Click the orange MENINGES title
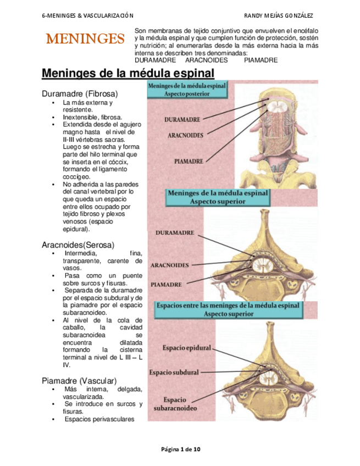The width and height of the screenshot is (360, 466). [x=85, y=39]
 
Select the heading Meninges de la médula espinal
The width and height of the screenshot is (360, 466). [x=128, y=73]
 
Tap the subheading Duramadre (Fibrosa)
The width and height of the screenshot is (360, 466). [x=80, y=93]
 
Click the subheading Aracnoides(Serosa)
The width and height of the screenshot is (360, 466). [x=77, y=244]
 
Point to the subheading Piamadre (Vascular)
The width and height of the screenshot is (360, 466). [x=79, y=380]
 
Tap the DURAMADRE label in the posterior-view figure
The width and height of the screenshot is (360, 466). [x=183, y=118]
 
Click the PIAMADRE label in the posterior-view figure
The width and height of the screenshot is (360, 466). [x=189, y=162]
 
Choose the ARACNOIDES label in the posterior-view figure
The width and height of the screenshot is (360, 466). [x=185, y=135]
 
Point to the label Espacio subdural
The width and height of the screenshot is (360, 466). [x=174, y=372]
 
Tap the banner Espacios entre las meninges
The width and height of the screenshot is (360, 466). [x=228, y=309]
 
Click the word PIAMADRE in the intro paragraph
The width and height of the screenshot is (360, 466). [x=261, y=60]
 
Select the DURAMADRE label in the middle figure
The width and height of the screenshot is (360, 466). [x=175, y=233]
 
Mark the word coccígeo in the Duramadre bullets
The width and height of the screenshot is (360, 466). [x=76, y=177]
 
